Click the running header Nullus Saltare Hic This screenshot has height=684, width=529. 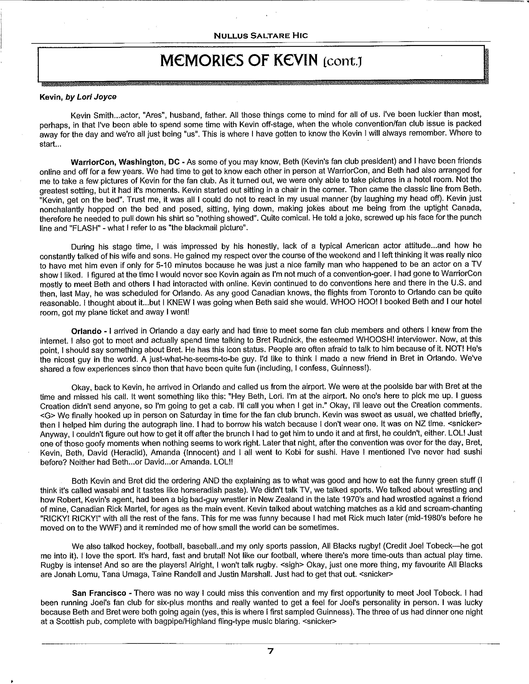pyautogui.click(x=260, y=36)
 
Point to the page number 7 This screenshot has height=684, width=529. pyautogui.click(x=271, y=651)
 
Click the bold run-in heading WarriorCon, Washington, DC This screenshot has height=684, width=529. pyautogui.click(x=125, y=162)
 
